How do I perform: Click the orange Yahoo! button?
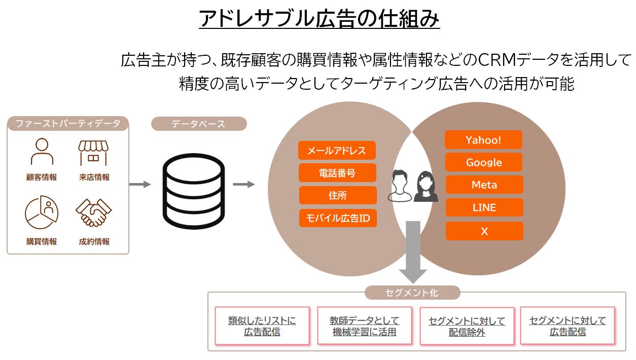pyautogui.click(x=483, y=140)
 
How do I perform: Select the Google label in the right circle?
pyautogui.click(x=484, y=162)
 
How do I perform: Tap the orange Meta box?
pyautogui.click(x=484, y=185)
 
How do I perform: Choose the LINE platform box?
pyautogui.click(x=484, y=207)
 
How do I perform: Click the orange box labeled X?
pyautogui.click(x=484, y=231)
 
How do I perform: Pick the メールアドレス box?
pyautogui.click(x=337, y=151)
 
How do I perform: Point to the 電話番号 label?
pyautogui.click(x=337, y=173)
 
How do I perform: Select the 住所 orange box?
pyautogui.click(x=337, y=195)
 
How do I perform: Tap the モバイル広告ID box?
pyautogui.click(x=337, y=218)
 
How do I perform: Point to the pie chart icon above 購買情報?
pyautogui.click(x=42, y=212)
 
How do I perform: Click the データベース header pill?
pyautogui.click(x=198, y=124)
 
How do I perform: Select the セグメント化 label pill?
pyautogui.click(x=412, y=293)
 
